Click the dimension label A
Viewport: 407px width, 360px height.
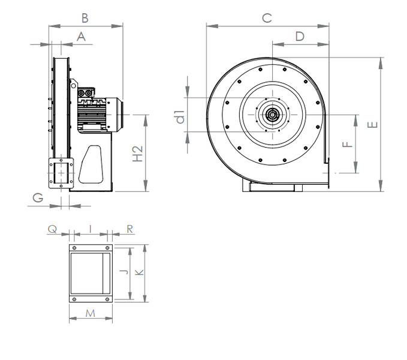(x=82, y=37)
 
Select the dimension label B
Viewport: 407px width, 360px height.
(x=85, y=17)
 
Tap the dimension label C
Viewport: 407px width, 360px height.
(x=267, y=18)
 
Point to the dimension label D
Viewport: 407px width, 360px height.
(x=300, y=36)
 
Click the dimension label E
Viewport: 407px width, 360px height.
(x=373, y=125)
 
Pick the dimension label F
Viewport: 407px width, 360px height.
(x=346, y=144)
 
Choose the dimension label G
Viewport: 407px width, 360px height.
(x=38, y=197)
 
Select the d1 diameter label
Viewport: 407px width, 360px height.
(x=179, y=115)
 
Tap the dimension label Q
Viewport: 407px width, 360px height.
(x=52, y=229)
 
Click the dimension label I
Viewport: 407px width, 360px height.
(x=90, y=229)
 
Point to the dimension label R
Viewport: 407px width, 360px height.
(x=130, y=229)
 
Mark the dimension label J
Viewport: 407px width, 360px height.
(x=122, y=272)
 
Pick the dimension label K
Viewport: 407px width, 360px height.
(x=139, y=272)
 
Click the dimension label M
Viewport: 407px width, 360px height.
(x=91, y=313)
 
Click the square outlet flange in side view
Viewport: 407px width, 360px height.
(x=61, y=173)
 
